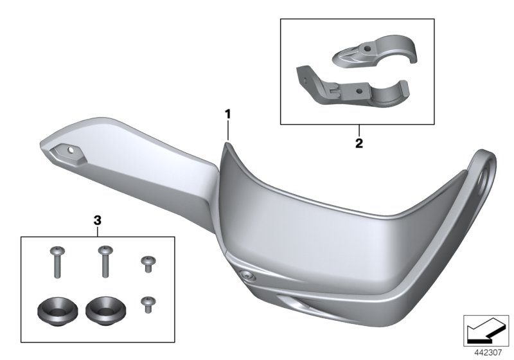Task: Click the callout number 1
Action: (227, 114)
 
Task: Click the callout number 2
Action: (359, 143)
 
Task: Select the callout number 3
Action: (98, 221)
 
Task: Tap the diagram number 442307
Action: (488, 353)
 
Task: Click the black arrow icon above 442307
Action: (486, 330)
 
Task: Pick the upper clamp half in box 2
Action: (375, 51)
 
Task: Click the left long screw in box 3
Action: (57, 262)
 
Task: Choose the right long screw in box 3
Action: (105, 261)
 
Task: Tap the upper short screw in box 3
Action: (148, 264)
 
